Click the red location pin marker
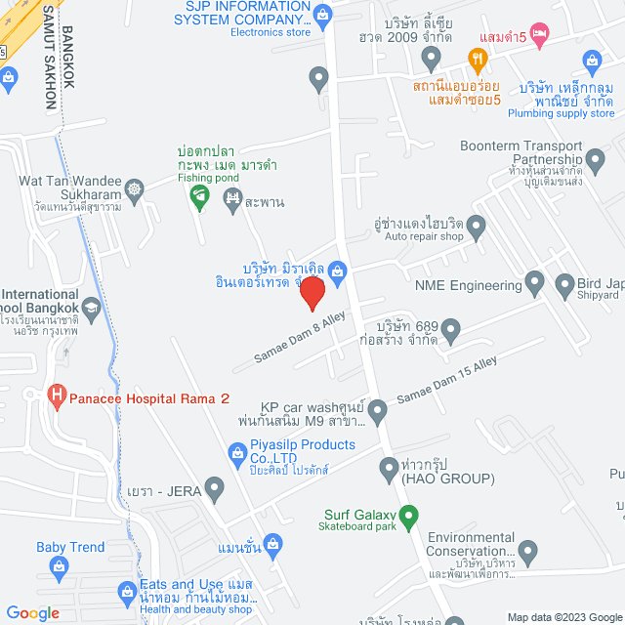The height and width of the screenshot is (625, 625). coord(312,292)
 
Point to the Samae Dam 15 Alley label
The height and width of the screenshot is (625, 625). coord(446,381)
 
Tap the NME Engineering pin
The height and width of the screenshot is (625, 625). coord(534,284)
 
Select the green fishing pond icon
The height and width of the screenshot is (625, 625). coord(199,198)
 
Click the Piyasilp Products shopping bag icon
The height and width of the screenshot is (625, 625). coord(236,453)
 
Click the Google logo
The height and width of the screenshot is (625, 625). coord(32,613)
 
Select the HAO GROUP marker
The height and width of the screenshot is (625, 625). coord(388,465)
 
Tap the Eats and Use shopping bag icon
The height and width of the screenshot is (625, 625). coord(126,592)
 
